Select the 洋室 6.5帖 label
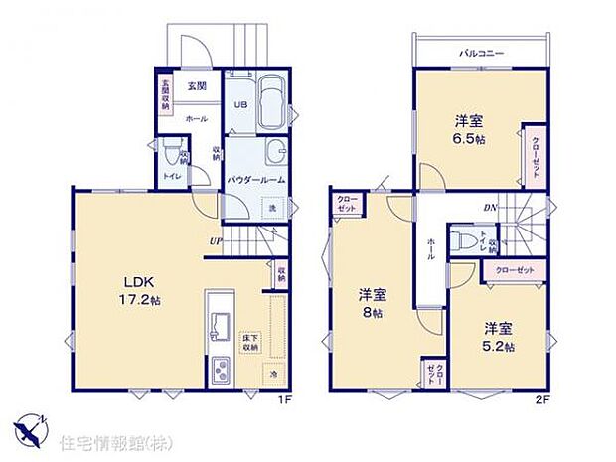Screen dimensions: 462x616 [470, 130]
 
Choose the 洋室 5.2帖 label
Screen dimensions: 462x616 [499, 336]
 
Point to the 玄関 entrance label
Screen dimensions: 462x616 [196, 86]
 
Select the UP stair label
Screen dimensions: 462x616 [216, 241]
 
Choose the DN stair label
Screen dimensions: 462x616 [490, 208]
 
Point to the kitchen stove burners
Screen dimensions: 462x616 [219, 373]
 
